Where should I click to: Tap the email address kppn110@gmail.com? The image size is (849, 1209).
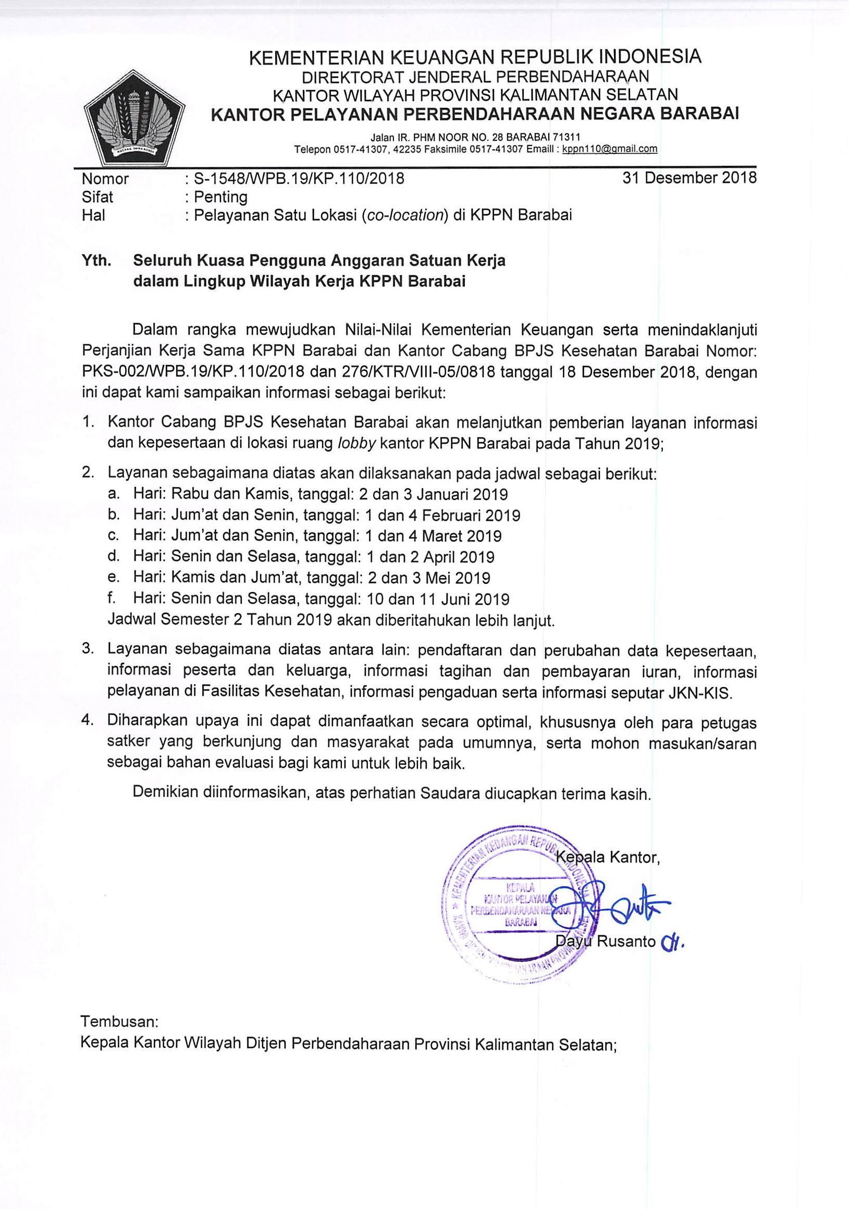pyautogui.click(x=609, y=149)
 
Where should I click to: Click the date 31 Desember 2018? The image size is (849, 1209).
pyautogui.click(x=690, y=177)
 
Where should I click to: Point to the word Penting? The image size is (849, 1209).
pyautogui.click(x=220, y=197)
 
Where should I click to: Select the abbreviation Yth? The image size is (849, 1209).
pyautogui.click(x=96, y=261)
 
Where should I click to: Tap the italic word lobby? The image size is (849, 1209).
pyautogui.click(x=356, y=443)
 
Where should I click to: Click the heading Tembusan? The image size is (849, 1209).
pyautogui.click(x=119, y=1022)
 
